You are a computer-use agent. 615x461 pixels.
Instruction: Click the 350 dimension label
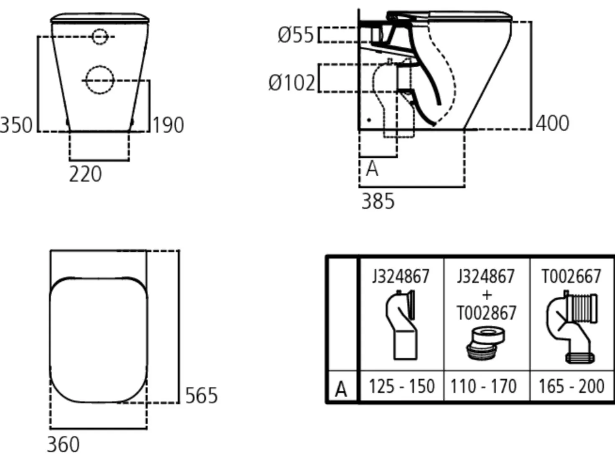[16, 125]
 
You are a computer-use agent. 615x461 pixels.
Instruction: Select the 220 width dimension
[85, 174]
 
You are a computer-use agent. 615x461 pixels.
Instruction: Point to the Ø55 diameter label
[296, 35]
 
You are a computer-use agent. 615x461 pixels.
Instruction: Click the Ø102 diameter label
[292, 83]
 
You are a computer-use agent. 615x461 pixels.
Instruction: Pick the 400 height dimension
[552, 123]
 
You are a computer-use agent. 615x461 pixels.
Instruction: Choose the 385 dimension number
[378, 201]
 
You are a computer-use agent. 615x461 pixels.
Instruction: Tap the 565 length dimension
[202, 395]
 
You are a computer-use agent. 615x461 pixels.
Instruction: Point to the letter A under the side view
[372, 169]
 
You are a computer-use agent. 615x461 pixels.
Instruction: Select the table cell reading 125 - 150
[402, 386]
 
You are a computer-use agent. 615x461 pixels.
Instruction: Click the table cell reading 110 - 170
[483, 386]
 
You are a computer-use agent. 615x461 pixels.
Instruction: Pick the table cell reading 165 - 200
[572, 386]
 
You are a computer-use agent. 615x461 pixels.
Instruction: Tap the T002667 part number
[572, 276]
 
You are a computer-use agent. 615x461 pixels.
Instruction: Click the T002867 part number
[486, 312]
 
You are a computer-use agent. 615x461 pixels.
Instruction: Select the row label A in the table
[341, 389]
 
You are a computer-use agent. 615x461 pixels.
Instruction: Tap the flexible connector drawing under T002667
[572, 327]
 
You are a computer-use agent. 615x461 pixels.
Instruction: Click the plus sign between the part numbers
[487, 295]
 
